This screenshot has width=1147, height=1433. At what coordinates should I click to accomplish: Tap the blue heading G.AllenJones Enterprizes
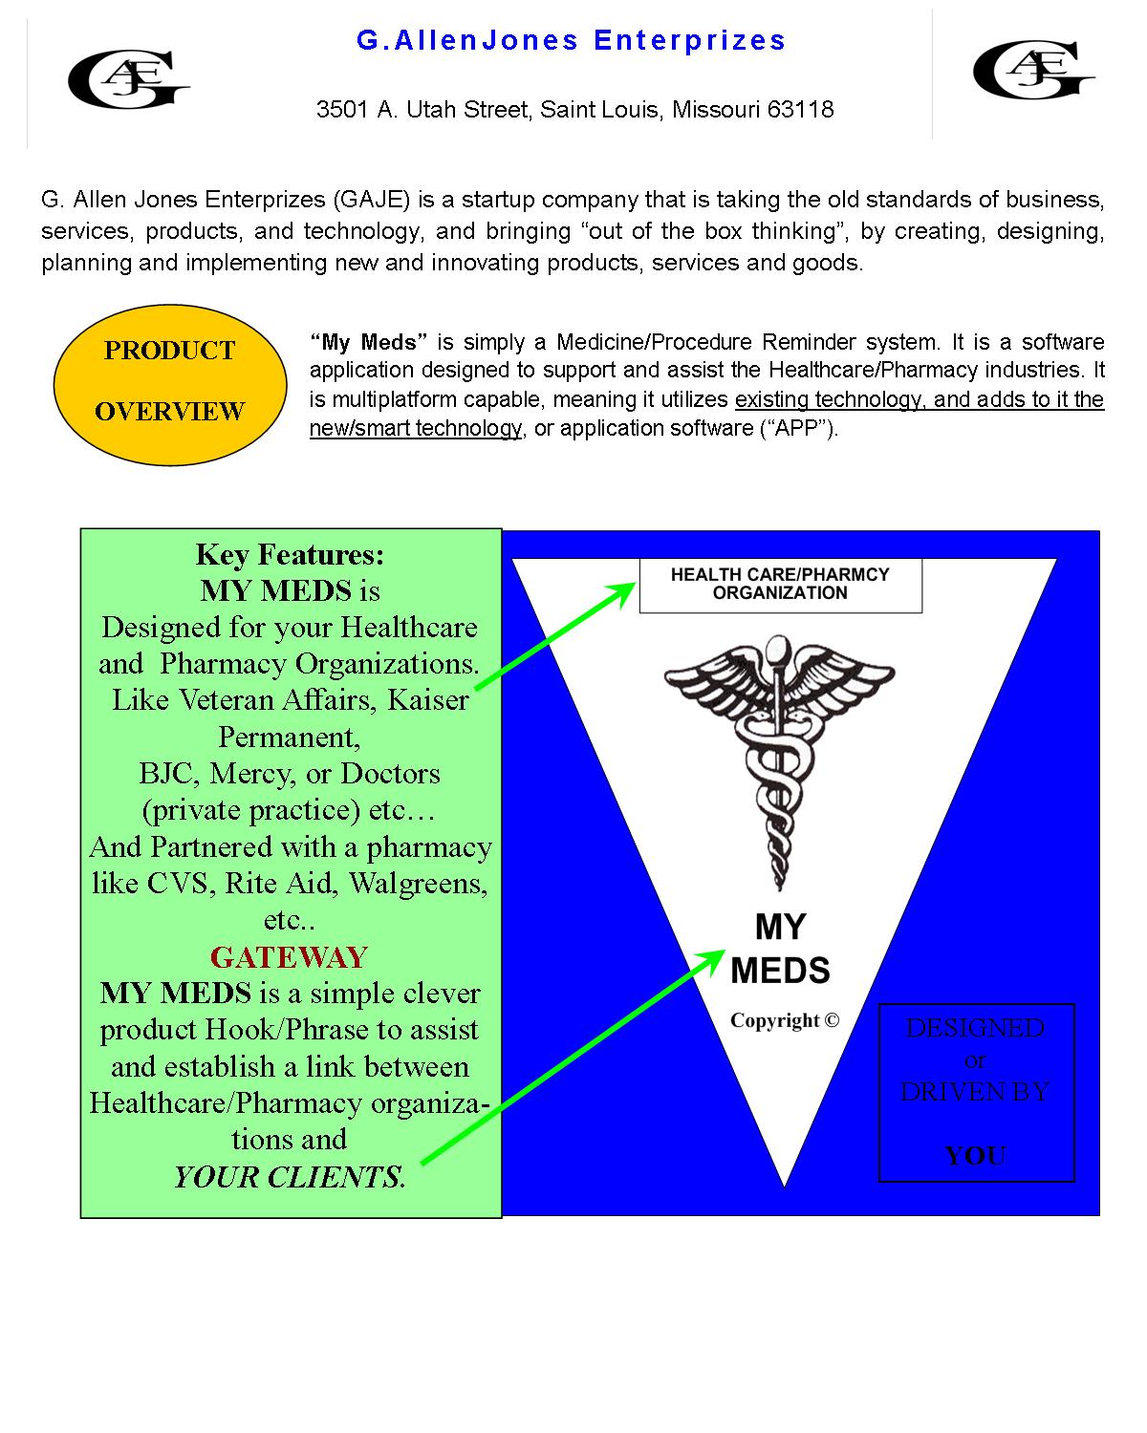(x=572, y=40)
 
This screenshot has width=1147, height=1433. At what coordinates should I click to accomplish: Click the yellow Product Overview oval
(x=170, y=381)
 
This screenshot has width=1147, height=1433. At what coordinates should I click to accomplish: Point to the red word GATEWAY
(x=289, y=957)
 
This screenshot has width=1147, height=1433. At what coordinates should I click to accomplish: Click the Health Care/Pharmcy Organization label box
(x=780, y=584)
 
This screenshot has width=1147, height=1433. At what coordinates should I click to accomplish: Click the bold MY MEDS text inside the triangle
(x=780, y=949)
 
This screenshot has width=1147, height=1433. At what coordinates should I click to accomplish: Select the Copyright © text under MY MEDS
(x=785, y=1020)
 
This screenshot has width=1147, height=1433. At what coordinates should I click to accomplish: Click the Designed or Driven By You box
(x=976, y=1092)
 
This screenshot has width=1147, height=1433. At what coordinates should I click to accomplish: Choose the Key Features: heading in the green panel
(x=290, y=554)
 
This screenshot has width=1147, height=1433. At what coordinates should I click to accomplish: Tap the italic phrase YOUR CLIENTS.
(x=290, y=1177)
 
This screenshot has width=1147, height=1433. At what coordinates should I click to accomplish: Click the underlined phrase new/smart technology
(x=416, y=428)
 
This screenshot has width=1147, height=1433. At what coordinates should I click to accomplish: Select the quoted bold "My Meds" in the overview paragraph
(x=368, y=342)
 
